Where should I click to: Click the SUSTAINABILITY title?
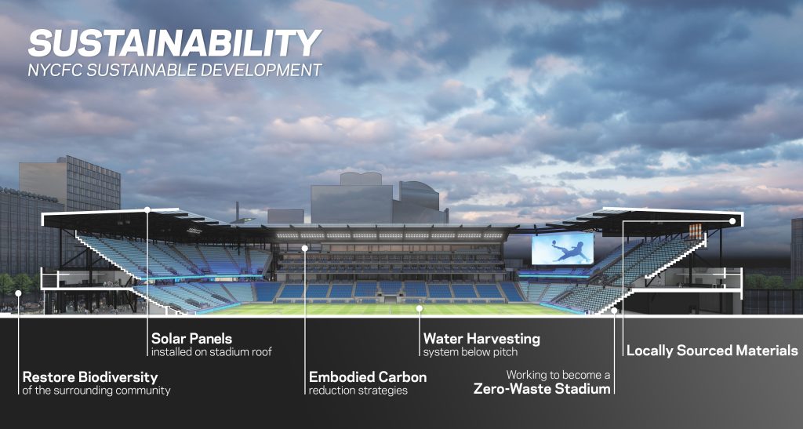coord(174,43)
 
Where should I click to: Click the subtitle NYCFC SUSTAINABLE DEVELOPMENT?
coord(174,70)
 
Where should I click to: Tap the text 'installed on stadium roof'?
coord(211,353)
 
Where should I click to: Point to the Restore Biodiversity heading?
coord(90,377)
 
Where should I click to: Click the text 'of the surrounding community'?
coord(96,391)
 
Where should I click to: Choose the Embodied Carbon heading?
coord(368,377)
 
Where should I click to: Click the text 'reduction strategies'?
coord(358,391)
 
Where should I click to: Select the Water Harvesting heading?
coord(481,339)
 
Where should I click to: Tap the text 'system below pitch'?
coord(471,353)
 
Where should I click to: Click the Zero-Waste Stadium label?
coord(542,388)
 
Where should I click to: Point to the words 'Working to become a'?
coord(558,375)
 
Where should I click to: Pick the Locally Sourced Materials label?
coord(712,351)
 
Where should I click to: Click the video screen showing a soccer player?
coord(563,249)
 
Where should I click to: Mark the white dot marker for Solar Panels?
coord(147,209)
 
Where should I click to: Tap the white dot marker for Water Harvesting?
coord(420,308)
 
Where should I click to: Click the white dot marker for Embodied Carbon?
coord(305,248)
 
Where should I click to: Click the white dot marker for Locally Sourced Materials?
coord(732,221)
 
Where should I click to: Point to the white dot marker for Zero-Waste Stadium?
coord(615,311)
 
